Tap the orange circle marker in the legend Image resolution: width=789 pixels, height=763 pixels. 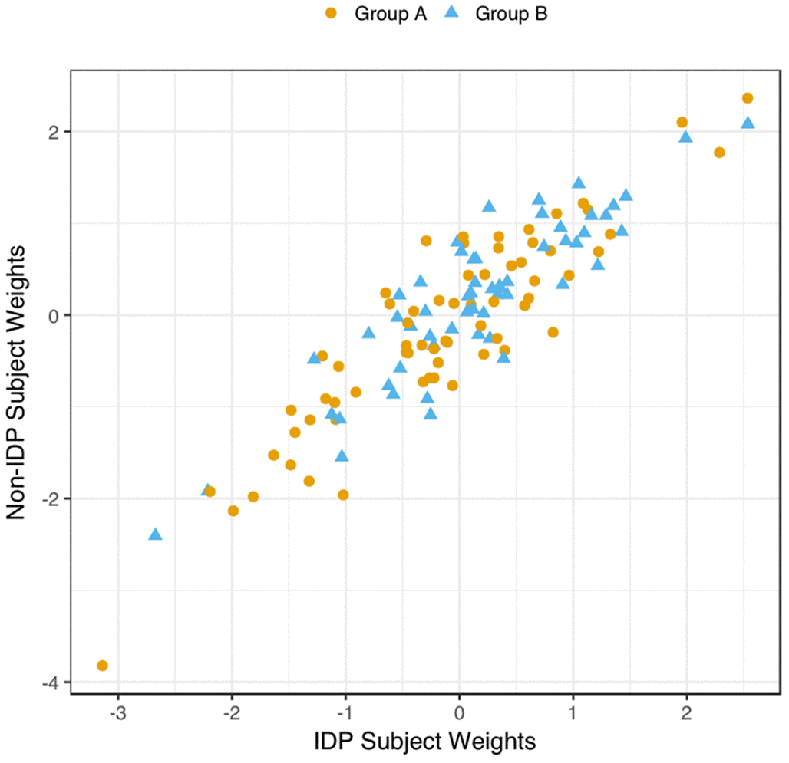[332, 13]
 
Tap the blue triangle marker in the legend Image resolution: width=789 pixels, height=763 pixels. [454, 13]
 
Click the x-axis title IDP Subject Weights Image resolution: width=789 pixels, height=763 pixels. [424, 742]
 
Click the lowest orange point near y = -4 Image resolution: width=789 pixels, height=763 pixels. [102, 665]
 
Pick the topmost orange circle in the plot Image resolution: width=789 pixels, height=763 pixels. [748, 98]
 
